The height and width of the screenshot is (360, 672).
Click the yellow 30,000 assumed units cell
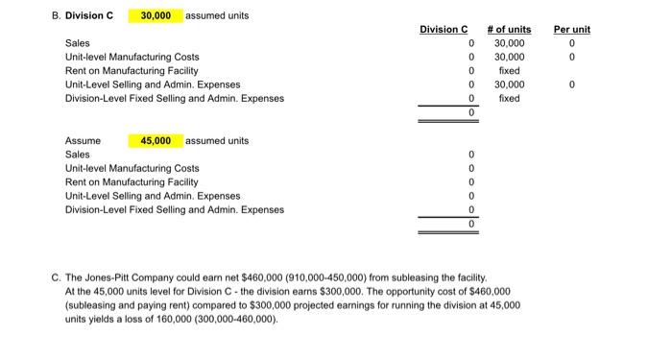coord(156,16)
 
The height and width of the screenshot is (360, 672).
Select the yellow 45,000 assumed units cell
coord(156,141)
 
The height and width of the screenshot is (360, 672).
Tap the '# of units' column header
coord(509,30)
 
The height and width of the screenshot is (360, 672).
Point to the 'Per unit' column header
coord(572,30)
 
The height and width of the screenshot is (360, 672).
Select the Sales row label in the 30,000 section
coord(77,43)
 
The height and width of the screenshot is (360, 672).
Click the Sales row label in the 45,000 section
coord(77,155)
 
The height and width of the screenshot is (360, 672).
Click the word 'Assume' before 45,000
coord(83,141)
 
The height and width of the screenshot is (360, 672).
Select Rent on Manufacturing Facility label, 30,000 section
coord(132,71)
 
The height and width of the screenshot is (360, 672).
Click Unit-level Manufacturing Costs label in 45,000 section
coord(132,168)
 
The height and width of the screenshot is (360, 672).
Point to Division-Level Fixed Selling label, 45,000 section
coord(174,209)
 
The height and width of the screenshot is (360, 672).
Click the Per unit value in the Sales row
coord(572,43)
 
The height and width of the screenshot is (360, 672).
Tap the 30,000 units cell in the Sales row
coord(509,43)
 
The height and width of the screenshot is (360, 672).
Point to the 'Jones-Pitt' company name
coord(109,276)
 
